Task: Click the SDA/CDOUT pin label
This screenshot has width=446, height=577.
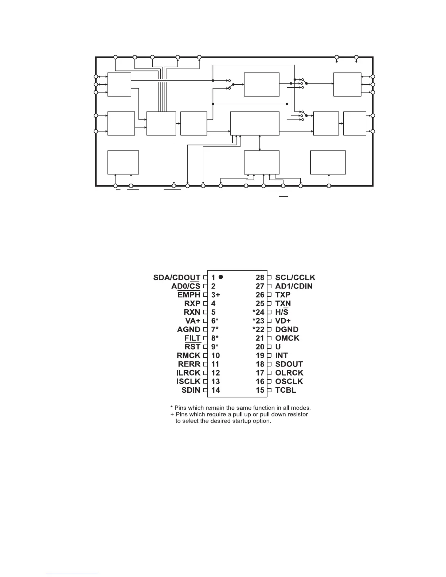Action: click(176, 278)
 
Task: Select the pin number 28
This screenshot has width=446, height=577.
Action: click(260, 278)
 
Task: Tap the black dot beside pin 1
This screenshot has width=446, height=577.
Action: click(221, 277)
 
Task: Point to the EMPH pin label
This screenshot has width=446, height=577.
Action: click(189, 295)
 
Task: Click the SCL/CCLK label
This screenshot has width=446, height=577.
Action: click(295, 278)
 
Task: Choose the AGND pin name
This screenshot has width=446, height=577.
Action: click(188, 330)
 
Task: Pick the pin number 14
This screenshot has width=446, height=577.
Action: click(215, 390)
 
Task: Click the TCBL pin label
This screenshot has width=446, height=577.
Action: click(286, 390)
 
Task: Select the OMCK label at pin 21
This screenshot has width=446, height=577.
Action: click(287, 338)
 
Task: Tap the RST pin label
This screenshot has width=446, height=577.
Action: click(192, 347)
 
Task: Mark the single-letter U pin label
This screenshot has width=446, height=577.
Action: click(278, 347)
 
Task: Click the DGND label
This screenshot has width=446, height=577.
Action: click(287, 330)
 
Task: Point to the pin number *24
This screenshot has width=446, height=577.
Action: click(258, 312)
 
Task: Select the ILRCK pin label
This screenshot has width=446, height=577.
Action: click(188, 373)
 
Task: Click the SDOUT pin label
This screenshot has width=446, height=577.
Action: click(289, 364)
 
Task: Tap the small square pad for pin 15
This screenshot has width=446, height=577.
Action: click(270, 390)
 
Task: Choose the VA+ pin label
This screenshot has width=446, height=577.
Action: click(192, 321)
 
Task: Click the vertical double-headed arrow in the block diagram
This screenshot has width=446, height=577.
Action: click(259, 142)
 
